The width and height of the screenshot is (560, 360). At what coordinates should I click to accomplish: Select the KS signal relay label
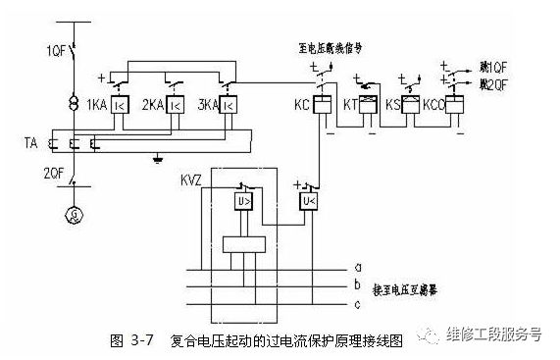(392, 103)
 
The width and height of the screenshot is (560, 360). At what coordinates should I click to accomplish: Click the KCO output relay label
(429, 103)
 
